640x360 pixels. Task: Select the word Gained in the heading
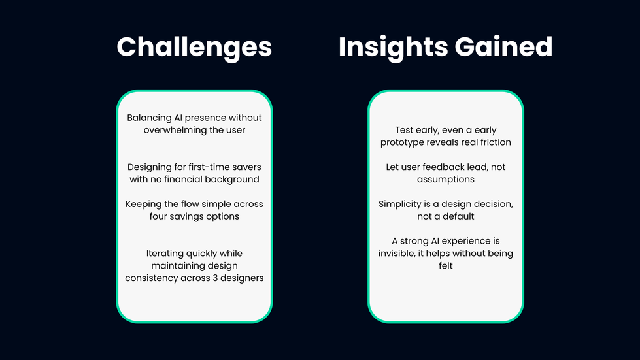[x=503, y=46]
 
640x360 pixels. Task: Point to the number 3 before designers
[x=215, y=278]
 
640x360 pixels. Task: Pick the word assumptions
[x=446, y=180]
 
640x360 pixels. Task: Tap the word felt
[x=446, y=266]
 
